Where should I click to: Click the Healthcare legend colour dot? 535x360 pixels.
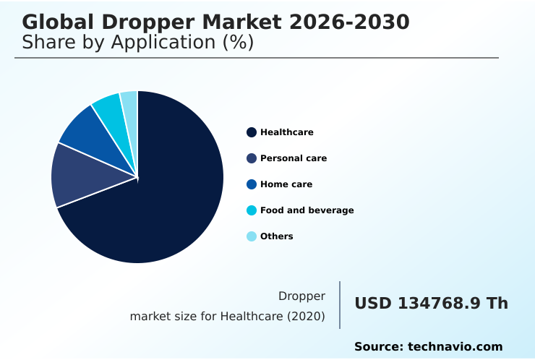point(252,132)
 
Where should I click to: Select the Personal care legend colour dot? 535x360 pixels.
point(252,158)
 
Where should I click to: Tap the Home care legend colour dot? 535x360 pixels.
point(252,184)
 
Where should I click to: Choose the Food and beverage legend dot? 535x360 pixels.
point(252,210)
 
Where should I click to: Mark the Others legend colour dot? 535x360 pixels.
point(252,236)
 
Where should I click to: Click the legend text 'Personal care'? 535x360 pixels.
point(294,158)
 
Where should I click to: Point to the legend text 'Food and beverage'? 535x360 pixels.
point(307,210)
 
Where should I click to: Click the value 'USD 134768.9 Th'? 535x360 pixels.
point(431,304)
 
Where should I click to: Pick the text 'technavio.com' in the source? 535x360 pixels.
point(455,347)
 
